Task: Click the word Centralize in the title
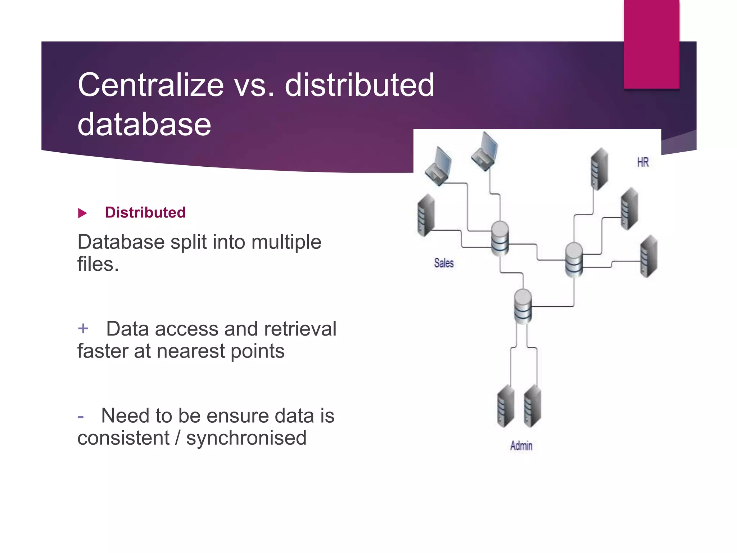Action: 151,85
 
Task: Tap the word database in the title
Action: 144,124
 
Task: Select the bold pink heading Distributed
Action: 145,212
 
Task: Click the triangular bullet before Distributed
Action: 82,213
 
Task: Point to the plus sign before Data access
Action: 83,328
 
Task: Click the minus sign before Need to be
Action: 81,417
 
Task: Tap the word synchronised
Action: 246,438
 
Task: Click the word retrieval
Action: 300,329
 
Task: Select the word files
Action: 98,264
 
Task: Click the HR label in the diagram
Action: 643,162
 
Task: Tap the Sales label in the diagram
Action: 444,263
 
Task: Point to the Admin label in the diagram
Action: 521,446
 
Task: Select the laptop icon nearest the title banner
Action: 485,151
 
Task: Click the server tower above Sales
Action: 426,215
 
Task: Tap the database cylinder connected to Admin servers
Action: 523,306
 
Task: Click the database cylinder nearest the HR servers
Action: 574,260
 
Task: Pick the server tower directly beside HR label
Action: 600,168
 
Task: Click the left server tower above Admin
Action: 506,406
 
